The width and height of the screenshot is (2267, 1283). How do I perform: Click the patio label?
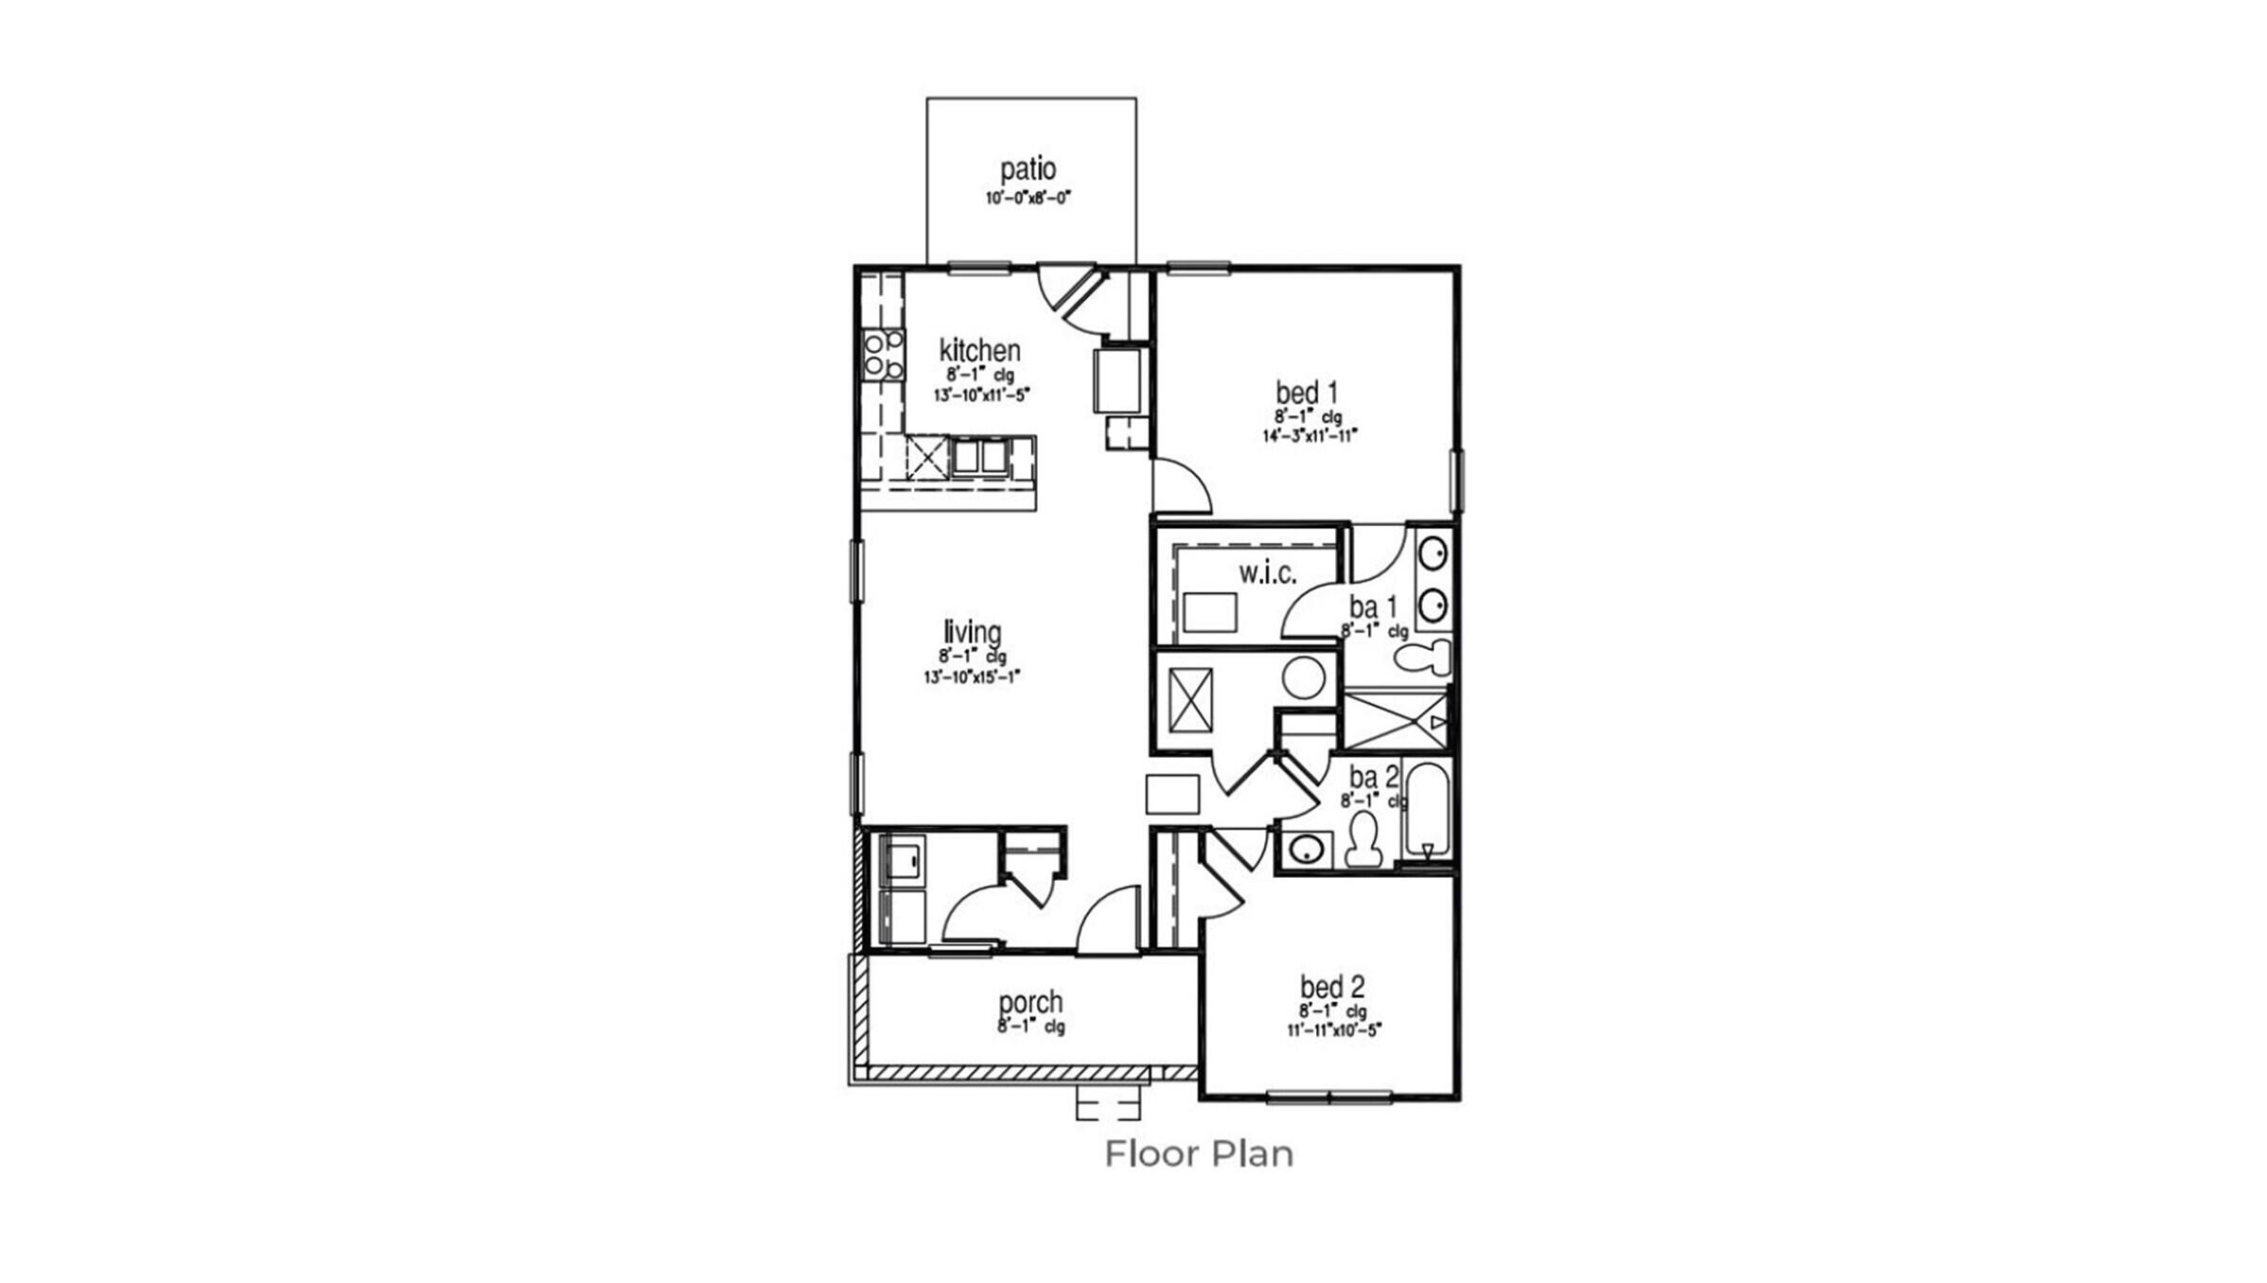1028,169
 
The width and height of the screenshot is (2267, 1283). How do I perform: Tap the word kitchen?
979,350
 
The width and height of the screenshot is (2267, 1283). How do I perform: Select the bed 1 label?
1307,392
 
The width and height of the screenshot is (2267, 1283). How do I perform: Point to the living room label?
972,632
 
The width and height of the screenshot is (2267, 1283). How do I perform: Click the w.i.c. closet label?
1267,572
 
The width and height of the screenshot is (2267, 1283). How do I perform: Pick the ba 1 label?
1373,606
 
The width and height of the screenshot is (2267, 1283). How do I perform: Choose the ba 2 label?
1373,778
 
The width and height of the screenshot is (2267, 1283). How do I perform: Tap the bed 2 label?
1332,987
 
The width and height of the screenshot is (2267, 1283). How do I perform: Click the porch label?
1030,1002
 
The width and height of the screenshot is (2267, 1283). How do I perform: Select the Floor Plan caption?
1199,1154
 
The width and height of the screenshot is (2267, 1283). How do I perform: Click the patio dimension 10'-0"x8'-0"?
1028,199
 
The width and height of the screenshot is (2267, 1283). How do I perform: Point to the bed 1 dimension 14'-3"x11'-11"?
1309,436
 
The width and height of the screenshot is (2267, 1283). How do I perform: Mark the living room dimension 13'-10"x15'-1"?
972,677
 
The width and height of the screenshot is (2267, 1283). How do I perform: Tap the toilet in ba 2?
1363,840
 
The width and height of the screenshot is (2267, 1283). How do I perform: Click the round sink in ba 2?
1307,849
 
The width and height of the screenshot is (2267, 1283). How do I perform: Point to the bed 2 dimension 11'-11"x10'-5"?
1334,1030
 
